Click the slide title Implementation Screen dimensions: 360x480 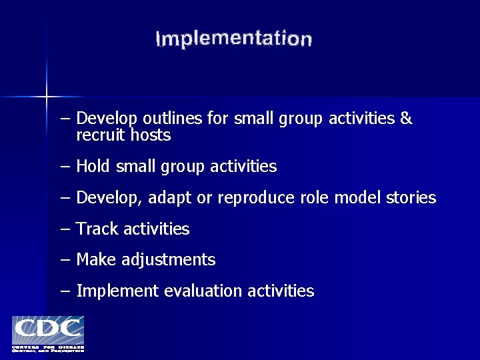233,39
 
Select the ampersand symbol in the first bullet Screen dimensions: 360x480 406,119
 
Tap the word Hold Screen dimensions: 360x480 93,166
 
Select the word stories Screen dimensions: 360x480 411,198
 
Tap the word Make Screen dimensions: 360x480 96,260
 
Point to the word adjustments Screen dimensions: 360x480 169,260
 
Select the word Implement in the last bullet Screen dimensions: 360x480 117,291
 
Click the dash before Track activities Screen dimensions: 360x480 65,229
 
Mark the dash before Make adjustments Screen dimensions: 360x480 65,260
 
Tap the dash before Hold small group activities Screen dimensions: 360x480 65,167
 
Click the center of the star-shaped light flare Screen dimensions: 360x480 46,97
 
